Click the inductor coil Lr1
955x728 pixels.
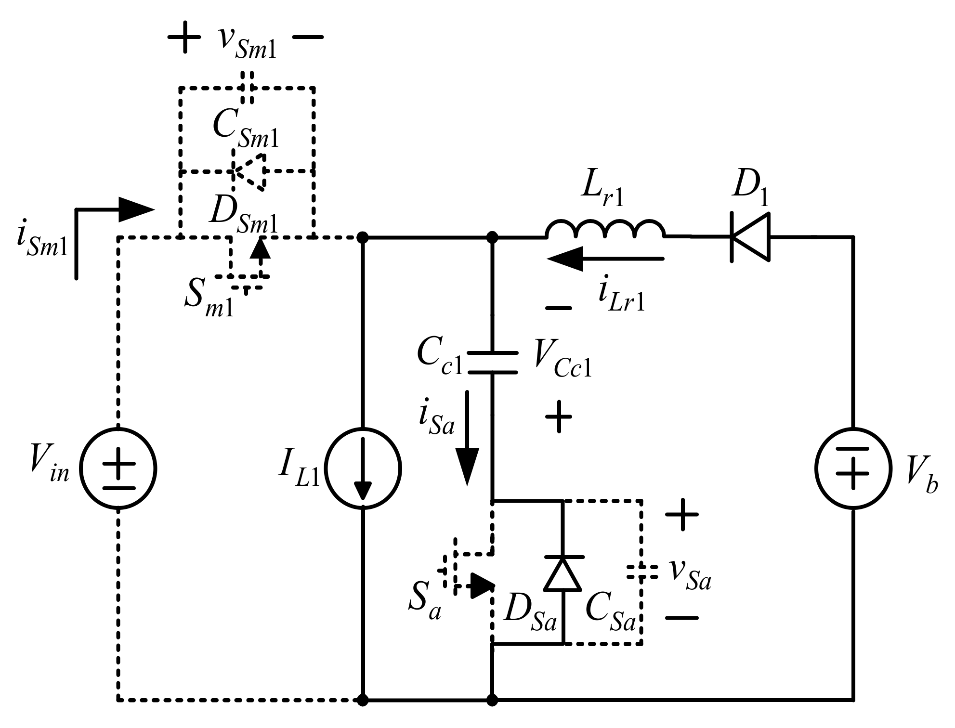pyautogui.click(x=606, y=230)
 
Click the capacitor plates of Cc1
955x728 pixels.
pyautogui.click(x=492, y=363)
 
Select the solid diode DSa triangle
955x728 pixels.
pyautogui.click(x=563, y=574)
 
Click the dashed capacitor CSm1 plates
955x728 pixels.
pyautogui.click(x=247, y=88)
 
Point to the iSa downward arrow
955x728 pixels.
pyautogui.click(x=467, y=438)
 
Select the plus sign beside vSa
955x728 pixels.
pyautogui.click(x=681, y=514)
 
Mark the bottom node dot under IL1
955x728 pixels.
pyautogui.click(x=364, y=699)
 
